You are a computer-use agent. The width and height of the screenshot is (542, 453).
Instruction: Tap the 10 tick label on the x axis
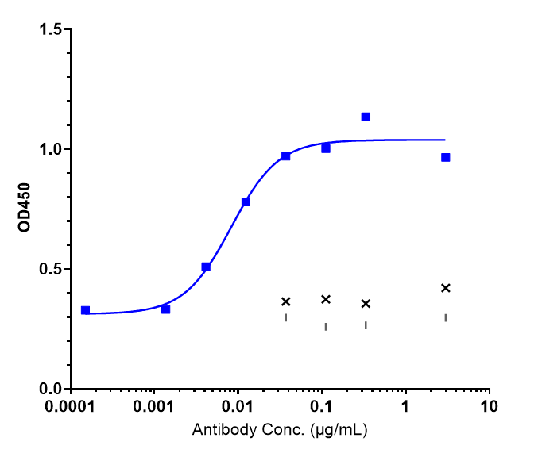tap(490, 408)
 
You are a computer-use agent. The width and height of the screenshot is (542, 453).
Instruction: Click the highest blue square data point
tap(366, 117)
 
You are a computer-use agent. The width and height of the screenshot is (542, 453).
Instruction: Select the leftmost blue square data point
tap(86, 310)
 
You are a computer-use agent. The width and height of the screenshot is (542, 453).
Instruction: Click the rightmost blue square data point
tap(446, 157)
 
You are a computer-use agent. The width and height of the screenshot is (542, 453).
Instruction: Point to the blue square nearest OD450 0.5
tap(206, 267)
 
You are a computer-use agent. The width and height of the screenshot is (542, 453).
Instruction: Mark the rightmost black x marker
tap(446, 288)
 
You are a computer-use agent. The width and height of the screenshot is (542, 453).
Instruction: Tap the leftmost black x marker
tap(286, 301)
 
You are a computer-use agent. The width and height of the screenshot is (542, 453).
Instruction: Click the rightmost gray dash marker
tap(446, 317)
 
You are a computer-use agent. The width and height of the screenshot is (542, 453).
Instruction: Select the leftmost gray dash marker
tap(286, 317)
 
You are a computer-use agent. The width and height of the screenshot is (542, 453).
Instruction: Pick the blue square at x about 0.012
tap(246, 202)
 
